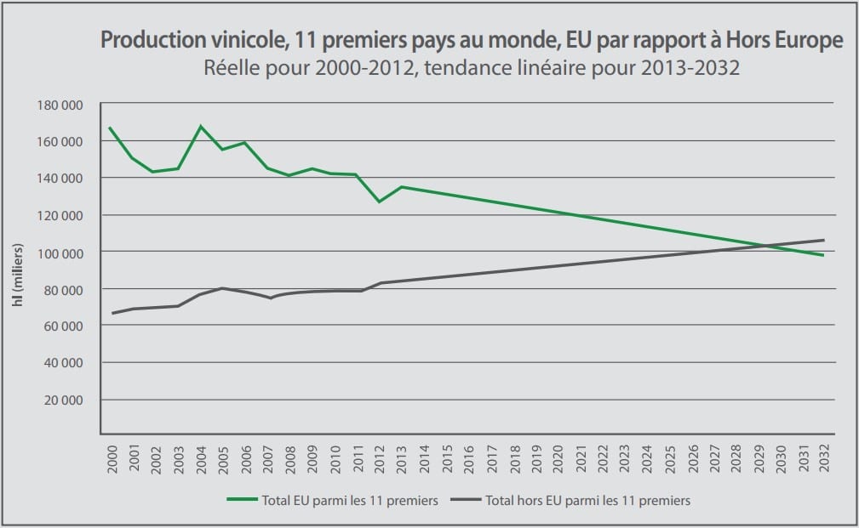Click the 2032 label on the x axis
[823, 460]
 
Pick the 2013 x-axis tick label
[402, 460]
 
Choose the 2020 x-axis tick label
[558, 460]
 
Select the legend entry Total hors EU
[587, 501]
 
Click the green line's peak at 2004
[201, 126]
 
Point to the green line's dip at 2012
[379, 202]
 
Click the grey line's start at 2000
[112, 313]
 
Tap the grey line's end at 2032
[823, 240]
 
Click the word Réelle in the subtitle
[229, 67]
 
